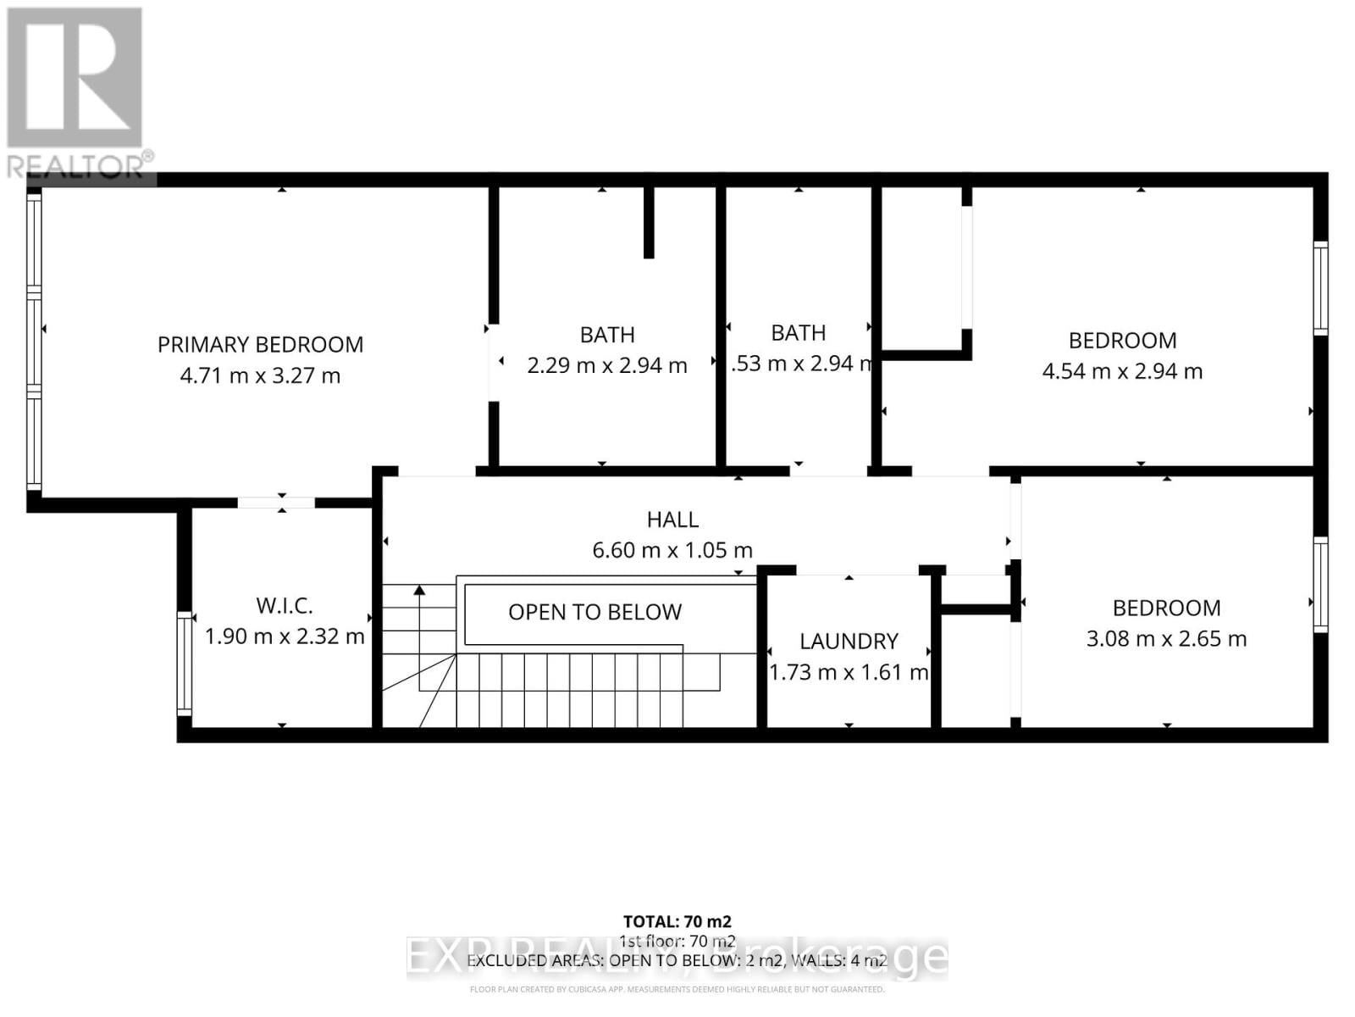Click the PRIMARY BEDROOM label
pyautogui.click(x=260, y=344)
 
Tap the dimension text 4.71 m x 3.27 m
pyautogui.click(x=260, y=375)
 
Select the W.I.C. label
pyautogui.click(x=285, y=605)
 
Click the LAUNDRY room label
pyautogui.click(x=849, y=641)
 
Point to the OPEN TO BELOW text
pyautogui.click(x=595, y=612)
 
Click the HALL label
pyautogui.click(x=672, y=520)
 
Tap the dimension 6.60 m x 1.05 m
pyautogui.click(x=672, y=550)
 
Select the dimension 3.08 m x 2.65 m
pyautogui.click(x=1166, y=639)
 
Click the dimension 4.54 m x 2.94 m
pyautogui.click(x=1122, y=371)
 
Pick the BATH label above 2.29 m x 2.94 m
pyautogui.click(x=607, y=335)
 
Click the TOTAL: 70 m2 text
pyautogui.click(x=677, y=921)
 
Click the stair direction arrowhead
pyautogui.click(x=418, y=591)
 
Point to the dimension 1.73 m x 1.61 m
pyautogui.click(x=849, y=672)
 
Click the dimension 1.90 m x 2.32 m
pyautogui.click(x=285, y=636)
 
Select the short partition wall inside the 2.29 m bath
pyautogui.click(x=649, y=222)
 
